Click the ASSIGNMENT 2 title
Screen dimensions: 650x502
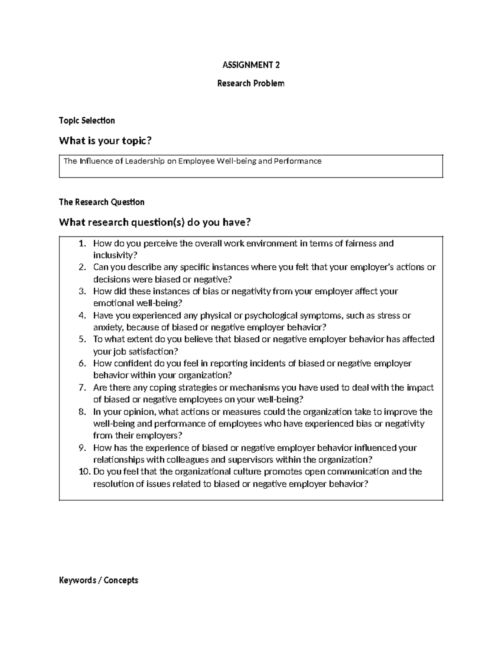click(x=251, y=65)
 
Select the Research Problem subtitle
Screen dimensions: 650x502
click(x=251, y=83)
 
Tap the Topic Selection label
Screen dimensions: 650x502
click(x=87, y=121)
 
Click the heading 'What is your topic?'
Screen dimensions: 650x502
click(x=105, y=141)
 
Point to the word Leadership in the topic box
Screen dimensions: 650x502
click(x=145, y=161)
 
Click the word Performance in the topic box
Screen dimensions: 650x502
click(x=297, y=161)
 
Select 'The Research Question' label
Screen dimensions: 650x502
click(x=102, y=202)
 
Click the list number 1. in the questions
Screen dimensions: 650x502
click(x=82, y=244)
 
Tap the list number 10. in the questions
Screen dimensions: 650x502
click(x=85, y=472)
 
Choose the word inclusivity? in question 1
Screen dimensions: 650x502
click(x=115, y=255)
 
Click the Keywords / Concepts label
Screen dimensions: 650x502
click(x=99, y=580)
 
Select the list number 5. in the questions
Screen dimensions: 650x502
click(x=82, y=339)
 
